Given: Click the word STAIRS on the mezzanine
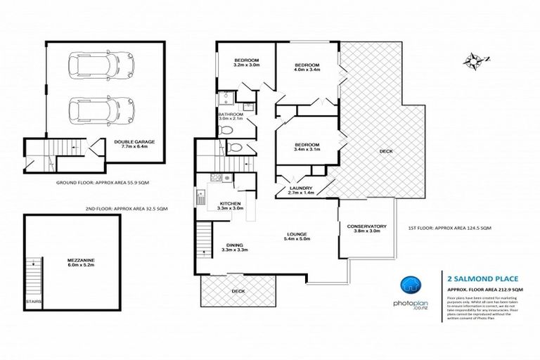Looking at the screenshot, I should [x=33, y=302].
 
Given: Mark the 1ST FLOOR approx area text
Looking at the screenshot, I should [x=449, y=228].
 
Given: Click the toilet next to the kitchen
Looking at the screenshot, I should [x=234, y=148].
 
